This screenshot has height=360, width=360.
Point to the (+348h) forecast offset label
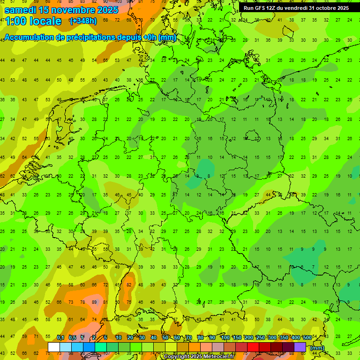pos(83,21)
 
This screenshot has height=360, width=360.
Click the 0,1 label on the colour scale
pos(60,337)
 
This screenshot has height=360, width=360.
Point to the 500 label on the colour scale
pos(307,337)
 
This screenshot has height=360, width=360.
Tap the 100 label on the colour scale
pos(225,337)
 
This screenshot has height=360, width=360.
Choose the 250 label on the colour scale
pos(260,337)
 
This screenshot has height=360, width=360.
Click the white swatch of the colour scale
pos(53,347)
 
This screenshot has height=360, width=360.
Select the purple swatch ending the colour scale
pos(300,347)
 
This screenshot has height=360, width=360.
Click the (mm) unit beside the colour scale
pos(317,347)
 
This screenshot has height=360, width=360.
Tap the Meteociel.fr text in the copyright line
pos(212,357)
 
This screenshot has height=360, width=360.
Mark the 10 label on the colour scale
pos(119,337)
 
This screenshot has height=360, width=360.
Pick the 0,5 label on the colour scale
pos(72,337)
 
